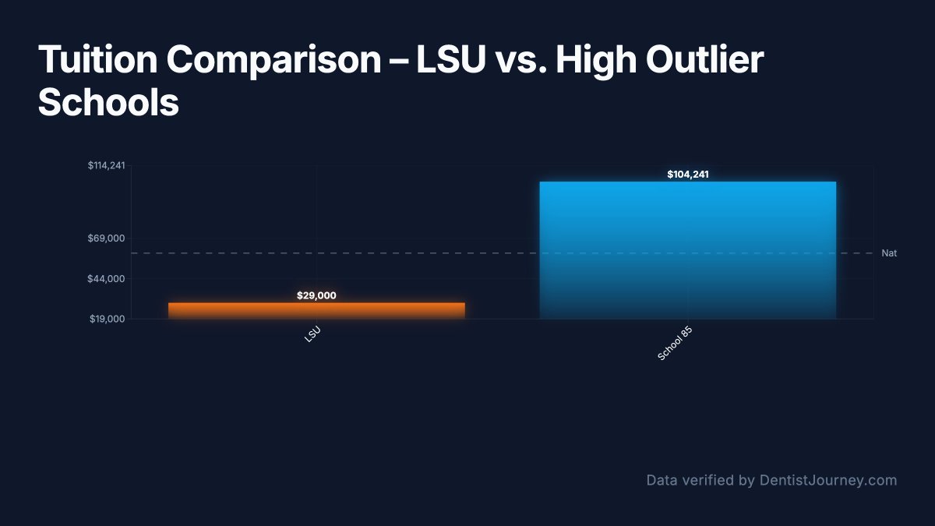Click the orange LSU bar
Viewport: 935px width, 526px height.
click(x=316, y=310)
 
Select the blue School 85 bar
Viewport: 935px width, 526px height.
click(x=687, y=249)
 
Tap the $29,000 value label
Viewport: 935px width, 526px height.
click(x=316, y=295)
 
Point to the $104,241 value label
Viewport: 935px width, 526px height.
click(x=687, y=175)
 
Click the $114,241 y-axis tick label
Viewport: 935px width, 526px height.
click(x=106, y=165)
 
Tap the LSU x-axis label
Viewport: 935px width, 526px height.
click(x=312, y=335)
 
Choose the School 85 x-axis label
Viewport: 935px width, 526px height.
click(x=675, y=344)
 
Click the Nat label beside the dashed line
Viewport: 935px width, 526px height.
click(x=888, y=253)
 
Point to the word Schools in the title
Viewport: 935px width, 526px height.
click(x=108, y=103)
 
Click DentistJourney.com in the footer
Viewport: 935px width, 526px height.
click(x=827, y=480)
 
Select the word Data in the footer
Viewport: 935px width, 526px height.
click(x=662, y=480)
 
